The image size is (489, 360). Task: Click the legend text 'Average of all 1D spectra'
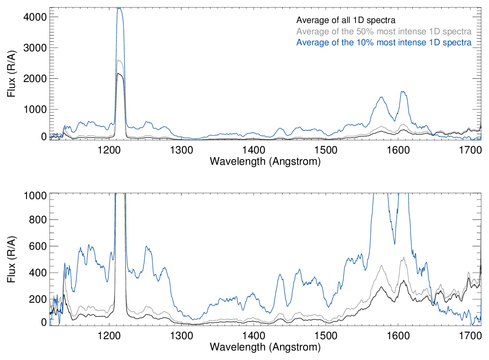click(x=345, y=20)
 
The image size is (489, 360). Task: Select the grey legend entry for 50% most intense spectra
click(x=384, y=31)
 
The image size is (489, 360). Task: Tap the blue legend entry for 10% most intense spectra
click(x=384, y=42)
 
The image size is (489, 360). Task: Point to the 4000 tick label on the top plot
click(x=35, y=17)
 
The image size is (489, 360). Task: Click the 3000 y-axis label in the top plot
click(x=35, y=48)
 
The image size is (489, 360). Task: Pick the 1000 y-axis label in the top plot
click(x=35, y=109)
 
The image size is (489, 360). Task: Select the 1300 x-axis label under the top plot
click(x=181, y=150)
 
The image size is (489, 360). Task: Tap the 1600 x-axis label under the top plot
click(x=398, y=150)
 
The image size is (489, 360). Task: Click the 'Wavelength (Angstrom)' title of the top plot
click(x=265, y=161)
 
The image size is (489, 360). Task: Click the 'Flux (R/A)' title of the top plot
click(x=11, y=74)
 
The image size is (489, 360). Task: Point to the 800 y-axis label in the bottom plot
click(x=37, y=220)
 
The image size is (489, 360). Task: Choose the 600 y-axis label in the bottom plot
click(x=37, y=246)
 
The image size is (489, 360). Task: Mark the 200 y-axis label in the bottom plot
click(x=37, y=299)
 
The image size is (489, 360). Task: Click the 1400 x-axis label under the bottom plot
click(x=254, y=335)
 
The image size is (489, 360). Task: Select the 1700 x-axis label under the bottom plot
click(x=470, y=335)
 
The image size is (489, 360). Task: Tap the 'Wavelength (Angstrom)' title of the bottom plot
click(x=265, y=347)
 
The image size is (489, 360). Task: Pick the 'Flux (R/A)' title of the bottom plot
click(x=11, y=259)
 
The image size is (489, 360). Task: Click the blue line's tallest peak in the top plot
click(x=119, y=8)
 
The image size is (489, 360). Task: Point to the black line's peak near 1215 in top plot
click(x=119, y=74)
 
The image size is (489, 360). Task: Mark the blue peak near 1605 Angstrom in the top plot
click(x=403, y=92)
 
